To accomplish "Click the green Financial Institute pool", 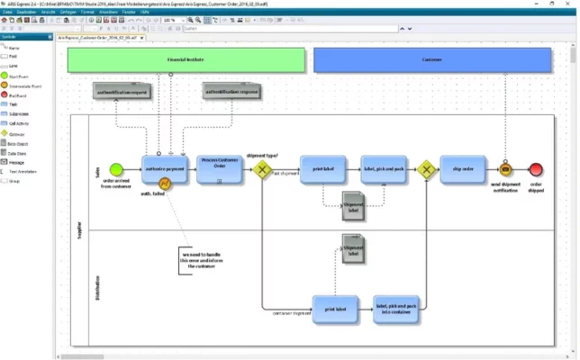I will [x=185, y=60].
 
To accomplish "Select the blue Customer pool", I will [x=431, y=60].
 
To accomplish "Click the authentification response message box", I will [x=231, y=91].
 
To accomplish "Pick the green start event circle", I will [x=115, y=169].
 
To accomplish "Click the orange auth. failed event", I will [x=166, y=184].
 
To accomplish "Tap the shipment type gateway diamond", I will [x=263, y=169].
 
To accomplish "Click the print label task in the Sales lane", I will [x=323, y=168].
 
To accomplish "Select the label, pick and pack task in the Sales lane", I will [x=385, y=168].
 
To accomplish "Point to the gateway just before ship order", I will [x=425, y=169].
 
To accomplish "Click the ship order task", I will [x=463, y=168].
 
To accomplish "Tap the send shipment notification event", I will [x=505, y=169].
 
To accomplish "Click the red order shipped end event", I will [x=537, y=169].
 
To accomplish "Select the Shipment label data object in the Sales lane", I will [x=352, y=206].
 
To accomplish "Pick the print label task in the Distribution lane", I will [x=335, y=308].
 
